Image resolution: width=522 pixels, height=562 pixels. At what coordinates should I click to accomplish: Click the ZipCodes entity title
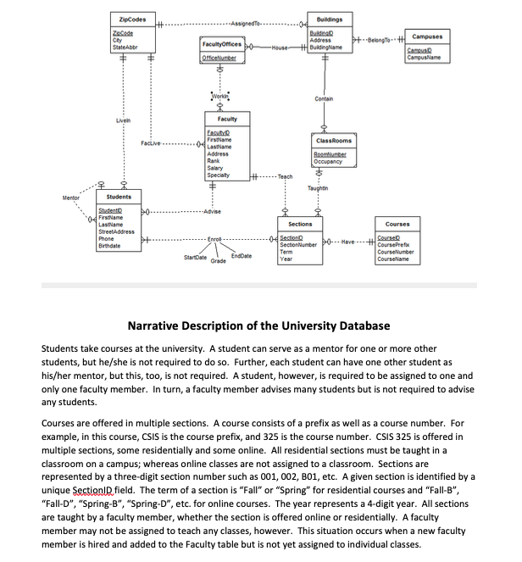tap(130, 19)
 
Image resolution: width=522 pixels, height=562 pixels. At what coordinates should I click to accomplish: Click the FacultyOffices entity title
tap(222, 42)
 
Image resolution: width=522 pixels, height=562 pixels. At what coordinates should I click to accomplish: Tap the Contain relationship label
tap(324, 99)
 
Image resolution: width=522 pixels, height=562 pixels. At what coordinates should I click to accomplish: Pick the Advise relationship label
tap(212, 211)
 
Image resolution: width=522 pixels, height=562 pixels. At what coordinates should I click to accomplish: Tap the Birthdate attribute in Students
tap(111, 245)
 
